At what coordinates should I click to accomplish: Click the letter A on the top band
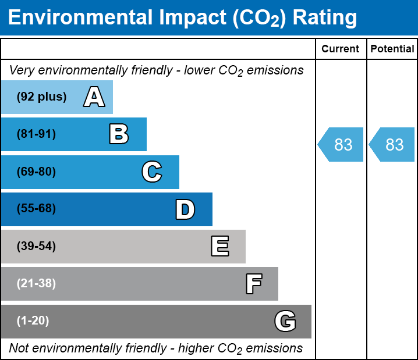click(x=94, y=97)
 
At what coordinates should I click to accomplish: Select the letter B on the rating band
click(x=119, y=134)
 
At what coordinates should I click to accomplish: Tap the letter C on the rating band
click(x=151, y=172)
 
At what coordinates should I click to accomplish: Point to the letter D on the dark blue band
click(x=185, y=209)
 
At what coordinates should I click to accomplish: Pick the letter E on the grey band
click(x=219, y=247)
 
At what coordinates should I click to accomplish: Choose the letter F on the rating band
click(x=253, y=284)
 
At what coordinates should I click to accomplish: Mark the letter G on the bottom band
click(x=285, y=321)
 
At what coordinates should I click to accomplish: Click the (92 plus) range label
click(x=41, y=97)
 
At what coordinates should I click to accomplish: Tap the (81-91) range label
click(x=36, y=134)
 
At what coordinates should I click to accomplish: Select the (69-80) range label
click(x=36, y=172)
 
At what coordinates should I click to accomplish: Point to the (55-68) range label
click(x=36, y=209)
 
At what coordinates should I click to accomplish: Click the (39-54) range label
click(x=36, y=247)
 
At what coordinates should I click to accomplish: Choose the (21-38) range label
click(x=36, y=284)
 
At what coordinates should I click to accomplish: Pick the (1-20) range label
click(x=33, y=321)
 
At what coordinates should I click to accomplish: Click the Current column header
click(x=341, y=49)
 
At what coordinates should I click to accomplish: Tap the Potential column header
click(x=392, y=49)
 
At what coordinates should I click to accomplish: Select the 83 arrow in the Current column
click(x=341, y=144)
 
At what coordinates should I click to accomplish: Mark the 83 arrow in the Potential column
click(x=392, y=144)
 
